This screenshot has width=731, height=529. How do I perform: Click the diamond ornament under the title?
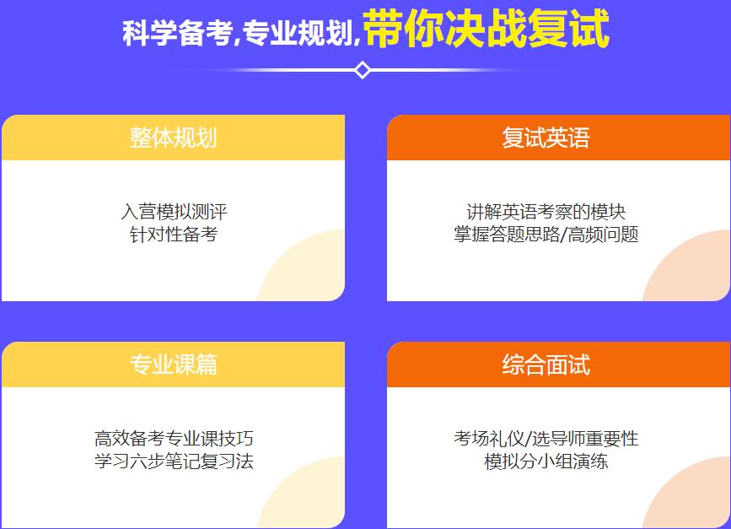[x=363, y=70]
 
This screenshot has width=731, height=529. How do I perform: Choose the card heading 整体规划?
[x=173, y=138]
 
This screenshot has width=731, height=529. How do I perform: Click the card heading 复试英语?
[x=546, y=138]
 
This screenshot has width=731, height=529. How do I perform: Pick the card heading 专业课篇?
[x=173, y=364]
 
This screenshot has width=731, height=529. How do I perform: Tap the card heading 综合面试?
[x=546, y=364]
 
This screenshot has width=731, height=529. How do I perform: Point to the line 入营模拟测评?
[x=174, y=211]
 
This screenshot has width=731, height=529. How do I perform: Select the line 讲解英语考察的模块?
[x=546, y=211]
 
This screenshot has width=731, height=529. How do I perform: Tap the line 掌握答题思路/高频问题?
[x=546, y=234]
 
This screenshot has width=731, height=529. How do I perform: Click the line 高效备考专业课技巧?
[x=174, y=439]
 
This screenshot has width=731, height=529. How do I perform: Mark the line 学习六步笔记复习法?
[x=174, y=462]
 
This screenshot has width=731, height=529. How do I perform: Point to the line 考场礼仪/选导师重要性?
[x=546, y=439]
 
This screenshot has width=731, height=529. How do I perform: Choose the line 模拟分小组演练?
[x=546, y=462]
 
